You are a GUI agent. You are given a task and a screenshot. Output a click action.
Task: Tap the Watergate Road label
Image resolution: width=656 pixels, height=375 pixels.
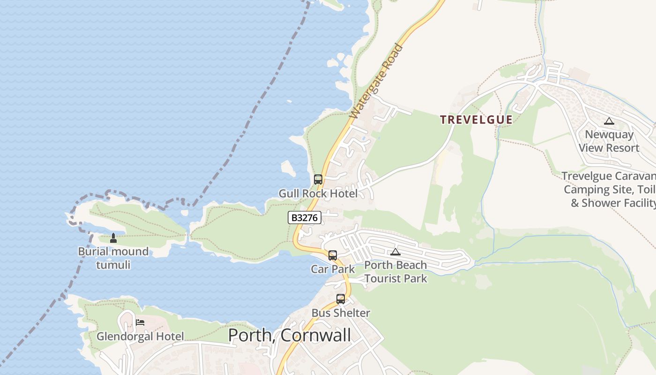(x=377, y=81)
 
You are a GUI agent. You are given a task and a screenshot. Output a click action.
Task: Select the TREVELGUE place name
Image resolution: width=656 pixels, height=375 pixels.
(x=476, y=120)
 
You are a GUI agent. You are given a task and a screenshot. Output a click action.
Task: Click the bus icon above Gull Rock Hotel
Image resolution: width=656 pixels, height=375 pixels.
(x=318, y=180)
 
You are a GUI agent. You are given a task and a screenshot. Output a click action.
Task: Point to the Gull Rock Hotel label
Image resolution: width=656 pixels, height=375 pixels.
(x=318, y=194)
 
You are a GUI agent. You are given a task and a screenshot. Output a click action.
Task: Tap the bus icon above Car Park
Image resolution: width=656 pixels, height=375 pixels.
(x=333, y=255)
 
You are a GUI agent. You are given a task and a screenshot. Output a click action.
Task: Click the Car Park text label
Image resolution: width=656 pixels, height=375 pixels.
(x=333, y=269)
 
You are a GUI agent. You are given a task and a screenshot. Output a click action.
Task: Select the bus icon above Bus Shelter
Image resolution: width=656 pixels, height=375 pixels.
(x=341, y=299)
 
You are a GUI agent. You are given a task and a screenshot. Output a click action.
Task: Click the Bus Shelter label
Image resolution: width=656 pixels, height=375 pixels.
(x=341, y=313)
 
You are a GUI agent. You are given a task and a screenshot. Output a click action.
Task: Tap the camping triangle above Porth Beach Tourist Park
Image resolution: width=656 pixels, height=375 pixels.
(x=395, y=252)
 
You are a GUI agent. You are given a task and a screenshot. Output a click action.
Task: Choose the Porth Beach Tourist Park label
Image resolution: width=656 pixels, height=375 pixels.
(x=396, y=272)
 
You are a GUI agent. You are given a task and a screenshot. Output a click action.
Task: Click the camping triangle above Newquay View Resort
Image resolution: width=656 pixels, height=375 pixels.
(x=609, y=121)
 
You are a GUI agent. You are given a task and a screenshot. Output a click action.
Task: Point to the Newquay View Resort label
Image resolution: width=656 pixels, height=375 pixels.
(x=609, y=141)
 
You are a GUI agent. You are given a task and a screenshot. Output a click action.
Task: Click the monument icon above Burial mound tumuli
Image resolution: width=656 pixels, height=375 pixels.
(x=113, y=238)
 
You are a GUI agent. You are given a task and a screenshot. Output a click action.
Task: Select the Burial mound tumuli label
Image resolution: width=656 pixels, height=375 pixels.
(x=113, y=258)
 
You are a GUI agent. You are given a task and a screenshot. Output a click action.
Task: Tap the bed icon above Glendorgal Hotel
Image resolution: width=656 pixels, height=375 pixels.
(x=140, y=322)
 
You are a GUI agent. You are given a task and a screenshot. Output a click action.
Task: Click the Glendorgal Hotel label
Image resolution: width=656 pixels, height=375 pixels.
(x=140, y=337)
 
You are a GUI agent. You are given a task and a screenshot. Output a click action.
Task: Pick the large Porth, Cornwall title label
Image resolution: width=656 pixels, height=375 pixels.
(x=289, y=335)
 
